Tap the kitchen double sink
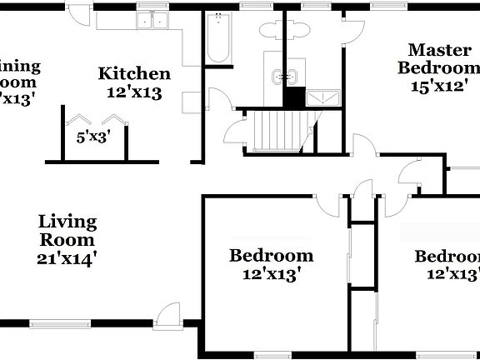click(152, 21)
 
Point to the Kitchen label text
click(134, 74)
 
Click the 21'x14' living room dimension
click(67, 258)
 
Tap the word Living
click(68, 222)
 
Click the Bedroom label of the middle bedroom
click(272, 255)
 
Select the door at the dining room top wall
click(76, 14)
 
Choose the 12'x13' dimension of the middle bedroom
click(272, 272)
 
